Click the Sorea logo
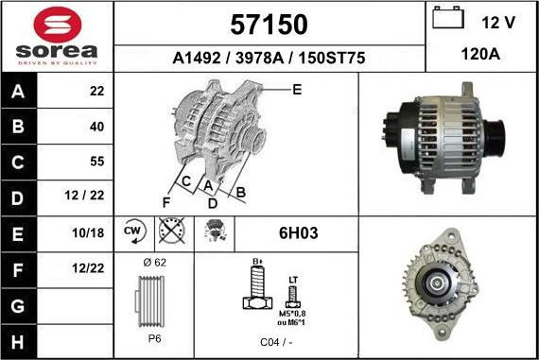[57, 36]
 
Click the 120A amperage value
[480, 56]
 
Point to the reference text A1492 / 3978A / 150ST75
[269, 58]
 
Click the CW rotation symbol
[133, 231]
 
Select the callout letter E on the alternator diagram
[296, 90]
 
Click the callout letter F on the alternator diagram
[166, 200]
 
